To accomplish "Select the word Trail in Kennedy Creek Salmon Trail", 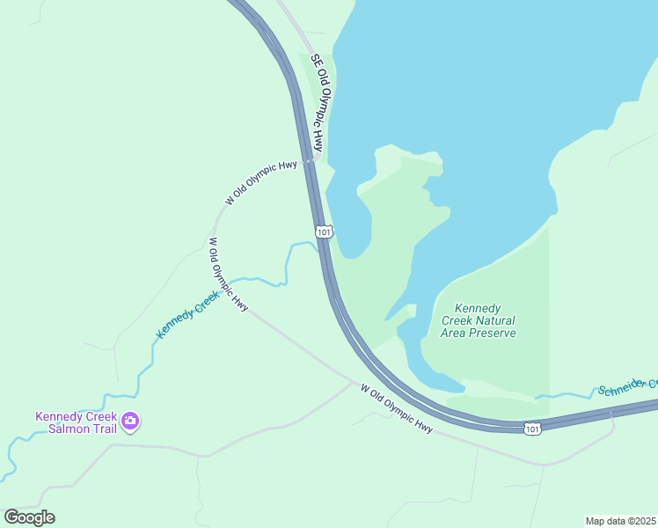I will click(99, 429).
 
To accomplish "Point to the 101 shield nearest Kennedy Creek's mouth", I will click(324, 231).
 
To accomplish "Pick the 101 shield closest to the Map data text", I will click(531, 428).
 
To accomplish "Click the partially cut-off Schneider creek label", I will click(627, 387).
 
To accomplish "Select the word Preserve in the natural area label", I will click(493, 334).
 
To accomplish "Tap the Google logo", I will click(29, 517).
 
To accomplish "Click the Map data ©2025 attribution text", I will click(621, 520).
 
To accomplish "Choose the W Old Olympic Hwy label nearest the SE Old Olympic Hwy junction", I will click(261, 182).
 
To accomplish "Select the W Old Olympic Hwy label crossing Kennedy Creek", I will click(227, 275).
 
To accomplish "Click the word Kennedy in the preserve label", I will click(478, 309).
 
